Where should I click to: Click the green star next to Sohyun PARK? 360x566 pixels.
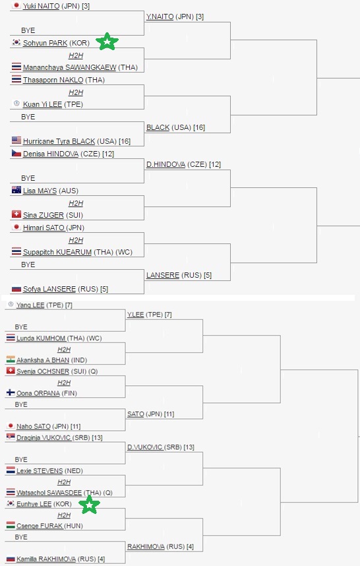point(107,41)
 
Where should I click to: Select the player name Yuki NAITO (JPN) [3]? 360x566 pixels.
point(56,6)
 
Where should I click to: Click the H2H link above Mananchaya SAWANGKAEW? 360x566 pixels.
point(76,55)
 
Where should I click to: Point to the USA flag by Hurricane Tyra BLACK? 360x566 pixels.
point(16,140)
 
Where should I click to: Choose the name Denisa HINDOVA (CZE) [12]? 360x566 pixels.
point(69,154)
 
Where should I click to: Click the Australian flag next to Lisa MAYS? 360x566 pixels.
point(16,190)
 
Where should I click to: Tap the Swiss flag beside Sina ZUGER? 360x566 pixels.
point(16,214)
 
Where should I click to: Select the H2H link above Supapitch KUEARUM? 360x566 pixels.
point(76,240)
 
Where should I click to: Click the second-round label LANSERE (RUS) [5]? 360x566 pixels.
point(179,275)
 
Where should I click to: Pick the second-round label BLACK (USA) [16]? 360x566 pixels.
point(175,127)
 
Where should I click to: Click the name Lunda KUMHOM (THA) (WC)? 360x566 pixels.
point(59,338)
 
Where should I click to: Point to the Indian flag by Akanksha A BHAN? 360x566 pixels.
point(11,360)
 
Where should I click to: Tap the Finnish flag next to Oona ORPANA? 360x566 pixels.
point(11,393)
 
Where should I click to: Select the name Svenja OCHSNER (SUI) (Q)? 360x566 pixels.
point(57,371)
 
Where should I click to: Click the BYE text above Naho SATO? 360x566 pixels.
point(21,404)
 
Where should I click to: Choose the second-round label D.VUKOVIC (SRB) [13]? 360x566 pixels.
point(161,447)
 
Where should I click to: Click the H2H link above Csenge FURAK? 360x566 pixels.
point(64,515)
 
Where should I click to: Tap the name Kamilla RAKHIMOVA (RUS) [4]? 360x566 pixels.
point(61,559)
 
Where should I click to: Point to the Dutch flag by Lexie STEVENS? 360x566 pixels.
point(11,470)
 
